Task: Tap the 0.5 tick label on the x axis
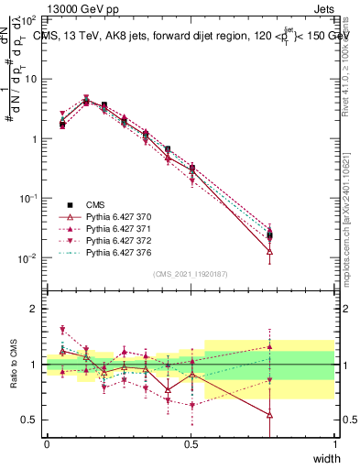click(191, 443)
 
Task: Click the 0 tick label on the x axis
click(47, 443)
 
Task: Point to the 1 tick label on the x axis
click(335, 443)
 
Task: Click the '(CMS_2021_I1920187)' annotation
click(191, 274)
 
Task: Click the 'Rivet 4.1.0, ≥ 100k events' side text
click(349, 64)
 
